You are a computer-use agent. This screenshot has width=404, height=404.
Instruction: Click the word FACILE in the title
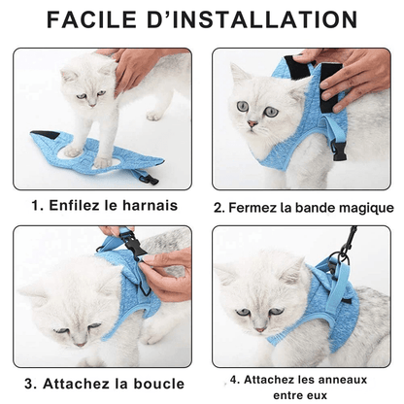[91, 19]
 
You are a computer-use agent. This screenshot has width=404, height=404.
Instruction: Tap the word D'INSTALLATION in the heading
[252, 19]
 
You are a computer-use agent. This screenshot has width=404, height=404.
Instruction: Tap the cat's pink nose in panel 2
[252, 123]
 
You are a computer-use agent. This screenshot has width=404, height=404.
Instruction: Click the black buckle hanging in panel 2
[339, 151]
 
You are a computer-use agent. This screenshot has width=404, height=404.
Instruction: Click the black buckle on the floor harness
[150, 179]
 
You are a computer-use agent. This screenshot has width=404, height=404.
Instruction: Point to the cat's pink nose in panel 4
[261, 329]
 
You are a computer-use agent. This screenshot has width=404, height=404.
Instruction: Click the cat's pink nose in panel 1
[92, 105]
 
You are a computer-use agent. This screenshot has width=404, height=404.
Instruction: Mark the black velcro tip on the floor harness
[46, 134]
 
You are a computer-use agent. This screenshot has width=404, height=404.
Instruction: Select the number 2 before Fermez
[219, 208]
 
